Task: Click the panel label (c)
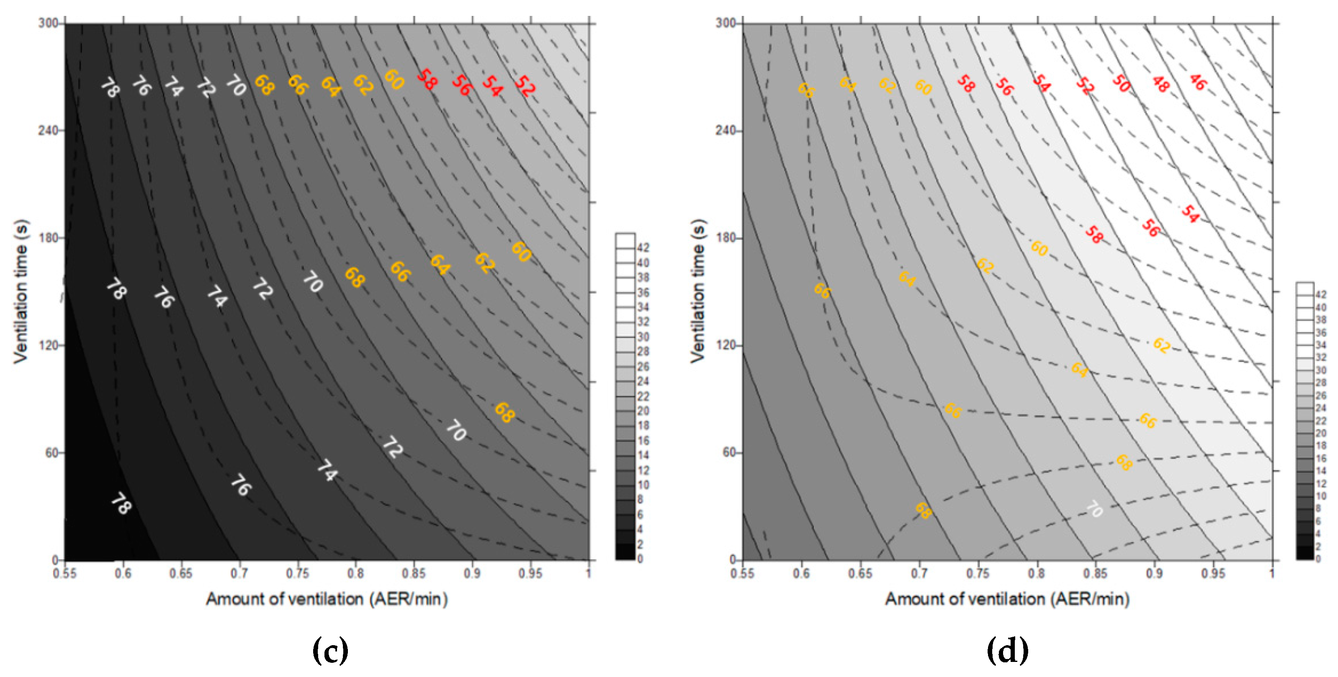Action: coord(330,651)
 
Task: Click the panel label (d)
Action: coord(1007,651)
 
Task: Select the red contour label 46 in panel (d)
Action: coord(1197,82)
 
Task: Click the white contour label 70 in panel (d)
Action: coord(1094,509)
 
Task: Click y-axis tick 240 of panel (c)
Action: coord(47,130)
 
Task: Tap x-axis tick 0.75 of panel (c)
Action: coord(298,574)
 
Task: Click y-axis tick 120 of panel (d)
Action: coord(726,345)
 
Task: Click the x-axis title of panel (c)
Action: coord(327,599)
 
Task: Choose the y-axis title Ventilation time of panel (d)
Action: coord(698,291)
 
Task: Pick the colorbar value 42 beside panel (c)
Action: coord(643,248)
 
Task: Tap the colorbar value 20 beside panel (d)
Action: coord(1320,433)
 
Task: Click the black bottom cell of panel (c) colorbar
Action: coord(625,552)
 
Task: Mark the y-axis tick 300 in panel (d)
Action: coord(726,23)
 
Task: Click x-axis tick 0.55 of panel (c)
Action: coord(64,574)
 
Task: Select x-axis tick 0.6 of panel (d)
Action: coord(801,574)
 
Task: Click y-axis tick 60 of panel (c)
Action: coord(51,453)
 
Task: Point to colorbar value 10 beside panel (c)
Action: coord(643,485)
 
